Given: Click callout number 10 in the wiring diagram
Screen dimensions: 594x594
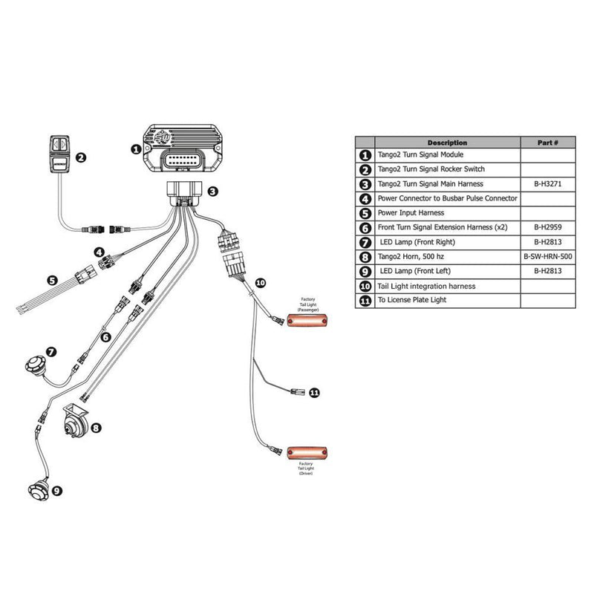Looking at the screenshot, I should click(x=260, y=283).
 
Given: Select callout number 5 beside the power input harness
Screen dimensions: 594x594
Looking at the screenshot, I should click(x=52, y=281).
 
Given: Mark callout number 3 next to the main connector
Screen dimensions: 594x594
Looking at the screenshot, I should click(x=212, y=192).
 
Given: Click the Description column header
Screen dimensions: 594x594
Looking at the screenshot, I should click(x=447, y=142).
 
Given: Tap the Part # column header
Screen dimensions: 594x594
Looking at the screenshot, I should click(x=547, y=142).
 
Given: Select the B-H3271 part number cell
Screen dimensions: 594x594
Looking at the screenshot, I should click(x=547, y=184).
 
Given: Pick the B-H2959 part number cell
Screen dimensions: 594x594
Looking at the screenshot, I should click(x=547, y=227).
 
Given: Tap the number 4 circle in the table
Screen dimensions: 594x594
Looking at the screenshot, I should click(x=365, y=199).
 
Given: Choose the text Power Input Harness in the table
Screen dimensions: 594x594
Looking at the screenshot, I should click(x=413, y=213).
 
